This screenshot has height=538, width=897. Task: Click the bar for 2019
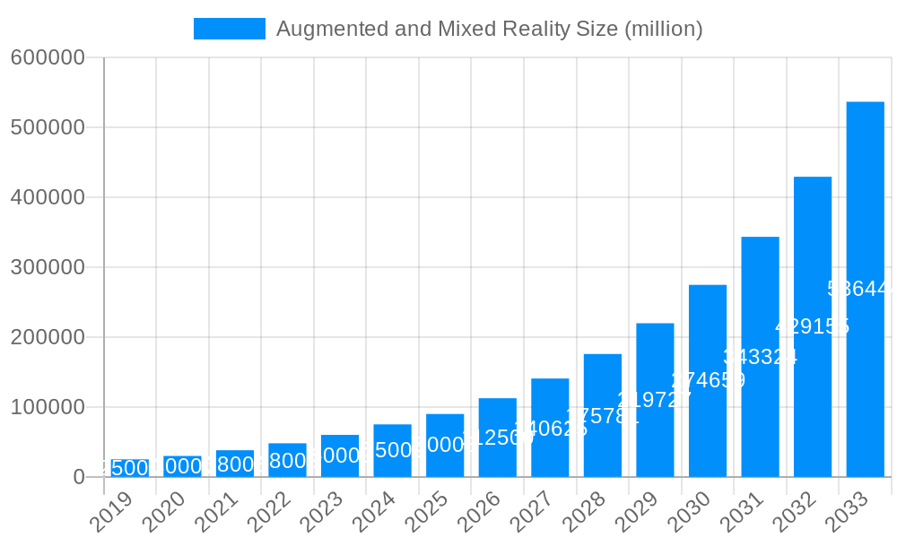coord(130,468)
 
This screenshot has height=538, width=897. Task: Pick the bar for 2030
coord(707,380)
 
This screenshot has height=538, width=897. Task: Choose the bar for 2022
coord(287,460)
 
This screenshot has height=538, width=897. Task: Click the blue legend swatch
coord(230,29)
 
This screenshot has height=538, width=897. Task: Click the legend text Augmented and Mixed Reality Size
coord(489,29)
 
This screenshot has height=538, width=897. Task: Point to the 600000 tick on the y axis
coord(48,57)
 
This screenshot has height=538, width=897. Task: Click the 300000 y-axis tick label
coord(48,267)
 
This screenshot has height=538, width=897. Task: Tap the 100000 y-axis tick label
coord(48,407)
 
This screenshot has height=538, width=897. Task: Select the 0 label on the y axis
coord(79,477)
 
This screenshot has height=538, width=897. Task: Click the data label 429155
coord(812,326)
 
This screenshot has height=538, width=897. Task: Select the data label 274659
coord(708,380)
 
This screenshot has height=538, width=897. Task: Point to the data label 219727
coord(655,400)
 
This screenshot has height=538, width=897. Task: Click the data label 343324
coord(760,357)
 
